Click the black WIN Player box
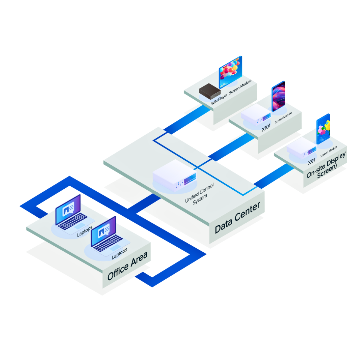[210, 91]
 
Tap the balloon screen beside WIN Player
[230, 72]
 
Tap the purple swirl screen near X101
[278, 96]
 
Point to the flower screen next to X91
[323, 129]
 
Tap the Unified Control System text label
[200, 194]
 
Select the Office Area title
[127, 265]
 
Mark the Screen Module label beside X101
[283, 118]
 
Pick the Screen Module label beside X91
[329, 151]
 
